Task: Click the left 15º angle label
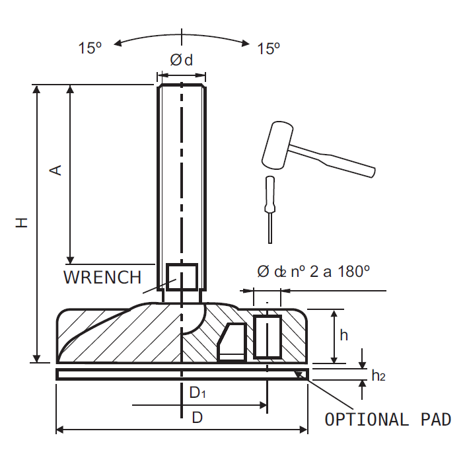tap(90, 48)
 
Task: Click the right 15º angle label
tap(269, 48)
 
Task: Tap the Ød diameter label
tap(181, 61)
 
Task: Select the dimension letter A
tap(57, 170)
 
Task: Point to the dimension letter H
tap(22, 223)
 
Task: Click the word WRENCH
tap(102, 277)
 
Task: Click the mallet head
tap(277, 145)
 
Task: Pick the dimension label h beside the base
tap(343, 335)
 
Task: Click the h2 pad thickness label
tap(378, 376)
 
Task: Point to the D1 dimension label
tap(198, 393)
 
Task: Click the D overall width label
tap(197, 418)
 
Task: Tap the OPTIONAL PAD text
tap(388, 420)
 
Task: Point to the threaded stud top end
tap(181, 87)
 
